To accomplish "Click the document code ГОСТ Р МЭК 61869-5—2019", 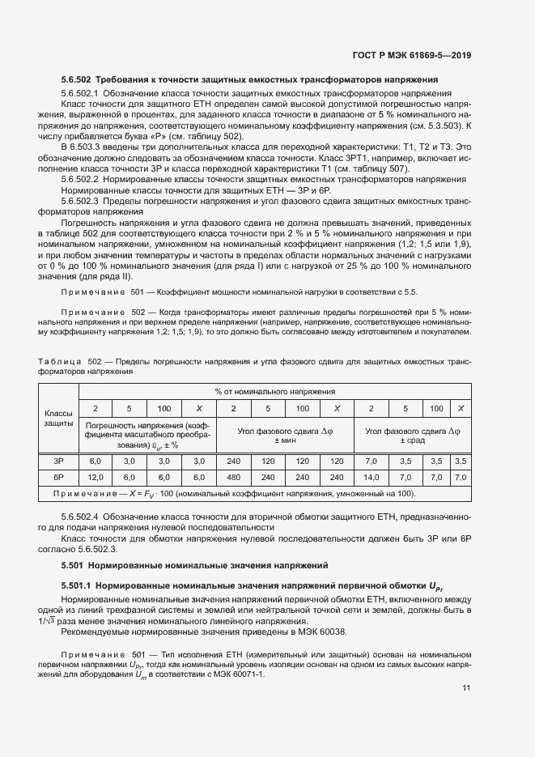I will [x=411, y=55].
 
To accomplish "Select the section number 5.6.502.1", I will [x=79, y=94].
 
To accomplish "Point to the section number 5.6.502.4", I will [x=79, y=516].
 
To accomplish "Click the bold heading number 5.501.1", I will [x=80, y=585].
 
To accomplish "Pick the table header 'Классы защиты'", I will [x=58, y=419].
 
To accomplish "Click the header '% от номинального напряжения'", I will [x=274, y=391].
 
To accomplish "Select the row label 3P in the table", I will [x=58, y=461].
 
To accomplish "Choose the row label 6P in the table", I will [x=58, y=478].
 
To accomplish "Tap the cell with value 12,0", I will [x=95, y=478].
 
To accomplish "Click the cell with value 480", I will [x=232, y=478].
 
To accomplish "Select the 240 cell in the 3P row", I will [x=232, y=461].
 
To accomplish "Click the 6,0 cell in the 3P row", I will [x=95, y=461].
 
